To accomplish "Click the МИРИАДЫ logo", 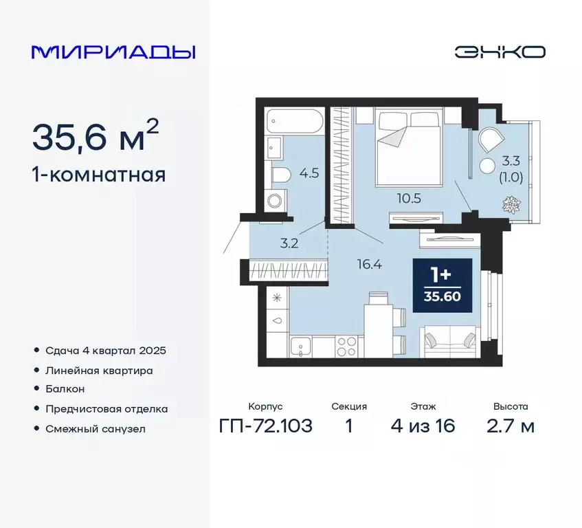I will (113, 52).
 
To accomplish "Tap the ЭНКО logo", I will (500, 52).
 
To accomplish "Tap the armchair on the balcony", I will (491, 140).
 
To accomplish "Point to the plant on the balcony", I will (511, 205).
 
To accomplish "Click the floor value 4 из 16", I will (423, 426).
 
